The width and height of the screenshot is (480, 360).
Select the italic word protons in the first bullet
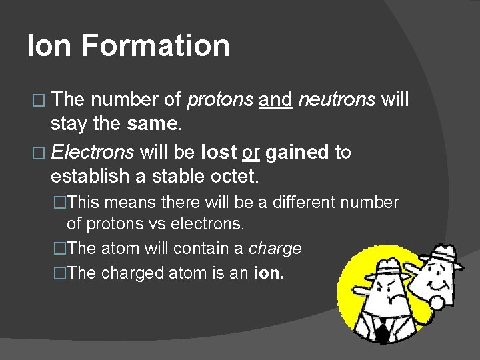coord(219,101)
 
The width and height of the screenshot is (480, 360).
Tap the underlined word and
coord(276,101)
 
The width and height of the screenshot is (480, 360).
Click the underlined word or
coord(251,153)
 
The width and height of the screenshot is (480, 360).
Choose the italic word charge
coord(275,249)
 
